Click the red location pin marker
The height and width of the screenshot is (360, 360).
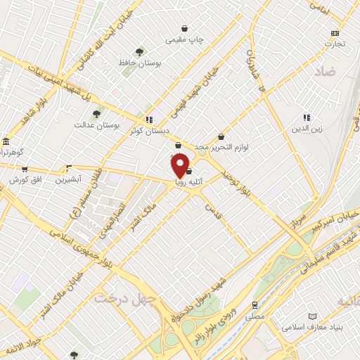[x=180, y=166]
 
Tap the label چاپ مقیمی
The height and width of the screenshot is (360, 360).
[x=185, y=40]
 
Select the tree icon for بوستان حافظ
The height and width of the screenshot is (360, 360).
[x=140, y=51]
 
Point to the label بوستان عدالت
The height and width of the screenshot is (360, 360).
[x=97, y=125]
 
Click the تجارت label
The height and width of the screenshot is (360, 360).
[x=335, y=44]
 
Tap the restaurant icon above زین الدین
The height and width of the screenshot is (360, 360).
[x=307, y=117]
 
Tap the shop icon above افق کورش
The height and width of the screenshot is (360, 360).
[x=25, y=169]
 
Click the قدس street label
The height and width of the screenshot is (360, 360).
[x=213, y=205]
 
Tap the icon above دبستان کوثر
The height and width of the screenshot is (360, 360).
[x=148, y=120]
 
